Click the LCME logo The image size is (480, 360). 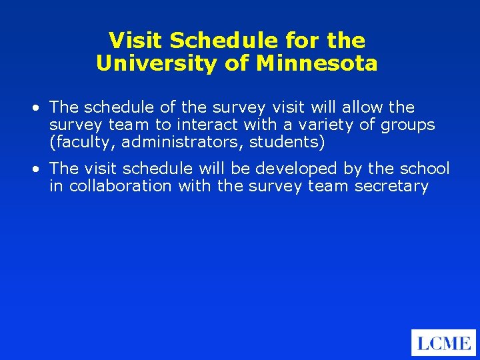(443, 343)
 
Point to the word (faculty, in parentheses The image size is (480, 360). (82, 142)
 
